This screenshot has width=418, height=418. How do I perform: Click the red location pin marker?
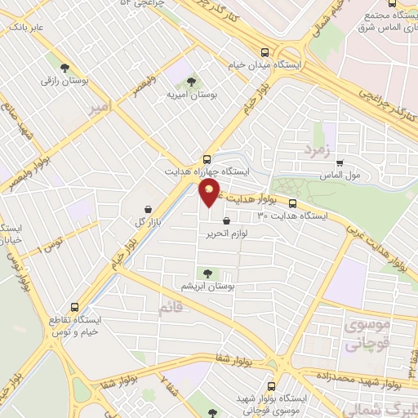pyautogui.click(x=210, y=193)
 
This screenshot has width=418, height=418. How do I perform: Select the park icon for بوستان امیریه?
pyautogui.click(x=191, y=82)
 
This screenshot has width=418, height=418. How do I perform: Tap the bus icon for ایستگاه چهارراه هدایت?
pyautogui.click(x=207, y=159)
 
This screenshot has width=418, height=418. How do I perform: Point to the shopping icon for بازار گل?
pyautogui.click(x=147, y=209)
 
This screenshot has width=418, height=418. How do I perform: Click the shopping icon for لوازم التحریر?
pyautogui.click(x=226, y=220)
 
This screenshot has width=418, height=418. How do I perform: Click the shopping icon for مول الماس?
pyautogui.click(x=340, y=162)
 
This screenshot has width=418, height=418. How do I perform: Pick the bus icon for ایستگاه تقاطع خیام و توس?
pyautogui.click(x=75, y=308)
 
